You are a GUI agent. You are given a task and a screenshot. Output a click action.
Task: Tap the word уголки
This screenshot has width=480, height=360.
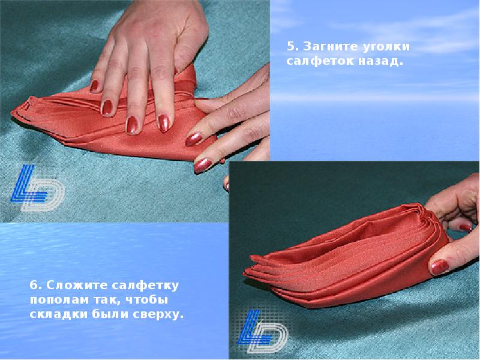click(386, 47)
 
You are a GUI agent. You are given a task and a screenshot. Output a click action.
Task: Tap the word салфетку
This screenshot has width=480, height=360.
click(145, 286)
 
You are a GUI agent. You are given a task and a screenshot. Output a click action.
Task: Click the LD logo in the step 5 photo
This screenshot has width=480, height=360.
click(37, 188)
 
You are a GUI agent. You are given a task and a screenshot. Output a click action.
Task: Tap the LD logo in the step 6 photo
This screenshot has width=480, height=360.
click(262, 331)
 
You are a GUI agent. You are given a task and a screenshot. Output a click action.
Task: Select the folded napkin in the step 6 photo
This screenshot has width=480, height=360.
click(346, 257)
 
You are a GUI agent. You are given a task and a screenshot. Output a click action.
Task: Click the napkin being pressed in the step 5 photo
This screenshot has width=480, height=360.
click(113, 122)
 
